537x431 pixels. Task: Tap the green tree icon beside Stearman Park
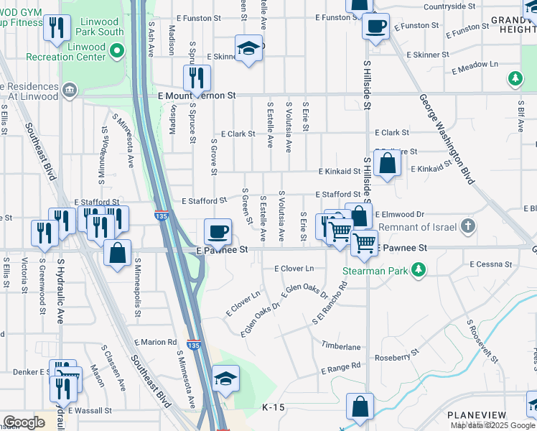click(x=416, y=271)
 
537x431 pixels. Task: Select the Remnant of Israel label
click(x=418, y=227)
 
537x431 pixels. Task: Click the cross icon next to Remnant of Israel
click(x=468, y=227)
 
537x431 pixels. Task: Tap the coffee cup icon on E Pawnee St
click(x=218, y=231)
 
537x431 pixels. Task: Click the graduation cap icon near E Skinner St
click(x=248, y=48)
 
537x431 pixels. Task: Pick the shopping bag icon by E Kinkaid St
click(x=387, y=164)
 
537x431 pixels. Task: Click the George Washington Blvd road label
click(x=447, y=136)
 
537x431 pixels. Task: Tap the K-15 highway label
click(x=274, y=407)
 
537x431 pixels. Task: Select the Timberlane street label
click(x=341, y=347)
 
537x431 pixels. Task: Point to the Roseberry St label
click(x=396, y=356)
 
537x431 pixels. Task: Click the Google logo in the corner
click(x=24, y=422)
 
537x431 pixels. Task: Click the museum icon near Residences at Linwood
click(x=70, y=90)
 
